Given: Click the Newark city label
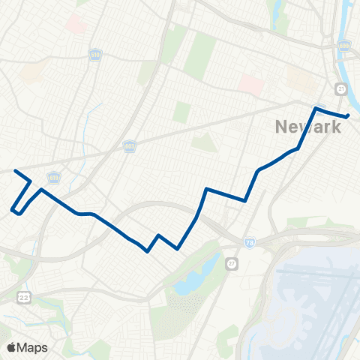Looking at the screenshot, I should pyautogui.click(x=307, y=127).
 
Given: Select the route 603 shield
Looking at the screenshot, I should pyautogui.click(x=129, y=148).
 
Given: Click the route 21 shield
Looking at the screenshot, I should pyautogui.click(x=341, y=89).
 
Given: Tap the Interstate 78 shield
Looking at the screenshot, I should pyautogui.click(x=248, y=241).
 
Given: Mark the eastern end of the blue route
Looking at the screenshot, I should pyautogui.click(x=349, y=115).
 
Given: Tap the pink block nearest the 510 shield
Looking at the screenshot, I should pyautogui.click(x=76, y=24).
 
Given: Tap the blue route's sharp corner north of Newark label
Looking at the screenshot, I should pyautogui.click(x=316, y=109).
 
